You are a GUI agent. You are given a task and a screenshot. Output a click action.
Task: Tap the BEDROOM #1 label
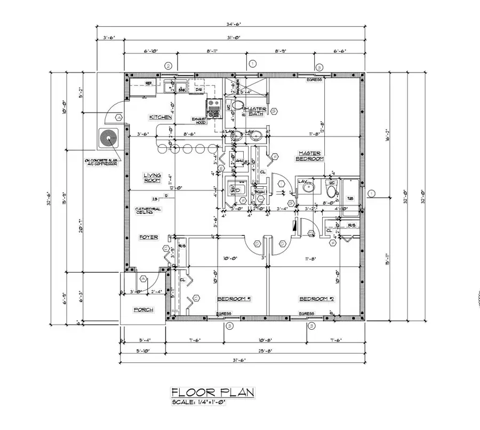click(x=234, y=299)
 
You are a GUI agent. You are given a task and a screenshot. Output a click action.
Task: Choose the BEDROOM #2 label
click(x=316, y=299)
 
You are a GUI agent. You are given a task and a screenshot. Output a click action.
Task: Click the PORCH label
click(x=143, y=309)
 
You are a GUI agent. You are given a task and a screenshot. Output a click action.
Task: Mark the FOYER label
click(x=148, y=237)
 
